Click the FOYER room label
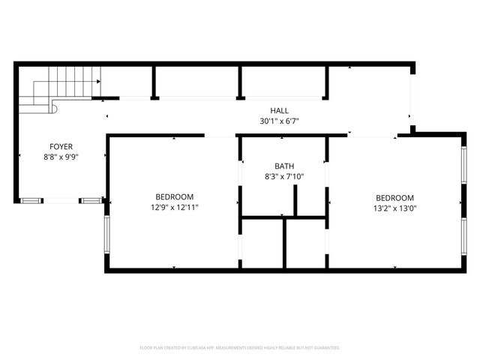61,146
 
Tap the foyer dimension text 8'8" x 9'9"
61,157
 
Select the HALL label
280,111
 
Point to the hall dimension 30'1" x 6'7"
280,121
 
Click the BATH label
284,166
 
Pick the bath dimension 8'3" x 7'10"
284,177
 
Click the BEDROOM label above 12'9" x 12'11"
174,197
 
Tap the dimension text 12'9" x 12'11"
174,208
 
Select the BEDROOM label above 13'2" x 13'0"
394,198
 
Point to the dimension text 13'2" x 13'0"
394,208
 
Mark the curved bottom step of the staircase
52,108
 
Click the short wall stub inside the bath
296,200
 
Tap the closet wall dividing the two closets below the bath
284,243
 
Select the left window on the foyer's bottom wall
31,200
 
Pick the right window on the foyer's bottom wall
91,200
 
